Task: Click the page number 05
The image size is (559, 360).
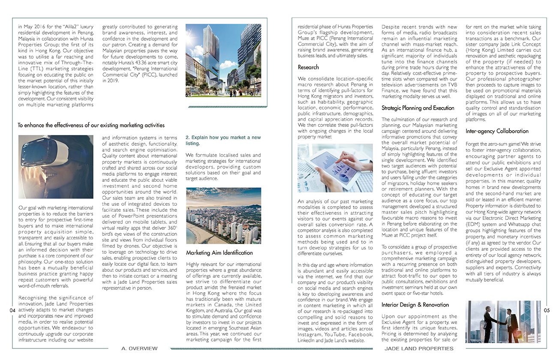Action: coord(547,310)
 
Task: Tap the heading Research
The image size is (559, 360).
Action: coord(308,67)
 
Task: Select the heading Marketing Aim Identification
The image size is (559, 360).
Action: coord(219,253)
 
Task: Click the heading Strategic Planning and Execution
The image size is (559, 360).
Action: coord(418,108)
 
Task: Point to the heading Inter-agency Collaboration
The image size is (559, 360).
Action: coord(497,131)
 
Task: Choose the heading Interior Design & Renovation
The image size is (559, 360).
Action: coord(415,305)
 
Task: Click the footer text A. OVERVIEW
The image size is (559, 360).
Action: coord(139,348)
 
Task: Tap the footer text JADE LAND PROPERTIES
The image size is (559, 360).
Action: coord(419,348)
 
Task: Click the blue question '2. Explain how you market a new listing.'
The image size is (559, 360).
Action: coord(222,140)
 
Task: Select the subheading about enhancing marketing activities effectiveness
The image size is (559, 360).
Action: coord(91,125)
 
